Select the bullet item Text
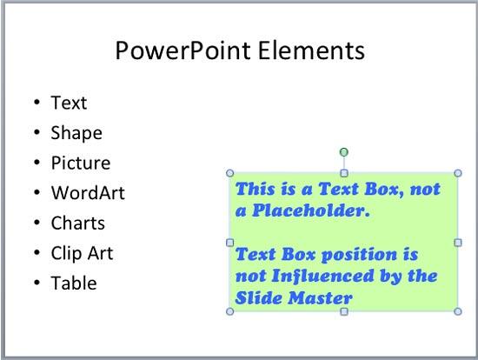click(69, 103)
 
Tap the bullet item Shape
click(76, 133)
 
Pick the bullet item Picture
click(81, 163)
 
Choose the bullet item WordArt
click(88, 193)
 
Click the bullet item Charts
click(78, 223)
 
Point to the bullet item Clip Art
click(82, 254)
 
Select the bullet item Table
click(74, 283)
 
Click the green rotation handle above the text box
click(344, 152)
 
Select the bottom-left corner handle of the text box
click(229, 311)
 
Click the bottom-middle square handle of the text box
click(344, 311)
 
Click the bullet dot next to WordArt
click(37, 193)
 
